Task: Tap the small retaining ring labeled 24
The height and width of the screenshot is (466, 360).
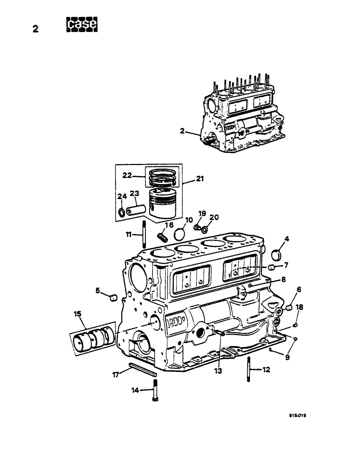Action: click(123, 213)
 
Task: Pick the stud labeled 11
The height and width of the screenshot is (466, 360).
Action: click(145, 236)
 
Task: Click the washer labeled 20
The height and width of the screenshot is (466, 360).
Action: click(206, 230)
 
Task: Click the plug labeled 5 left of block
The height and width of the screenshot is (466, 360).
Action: click(112, 297)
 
